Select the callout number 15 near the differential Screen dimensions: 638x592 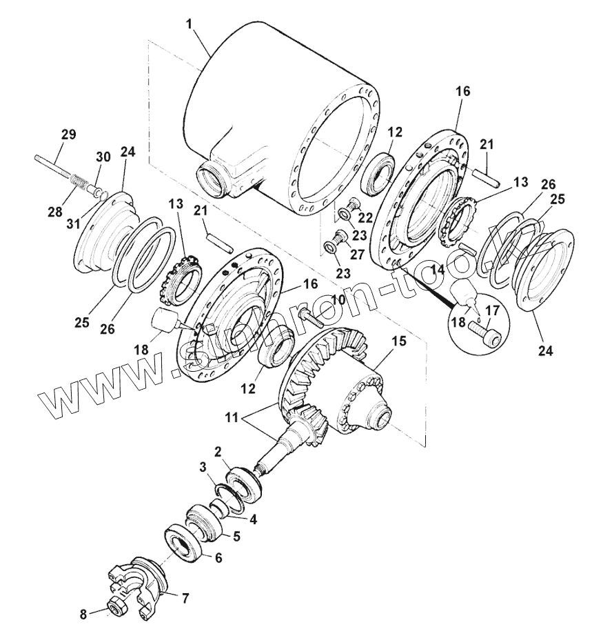[x=398, y=341]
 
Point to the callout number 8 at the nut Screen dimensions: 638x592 [x=83, y=612]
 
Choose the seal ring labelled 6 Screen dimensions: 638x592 [x=184, y=541]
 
